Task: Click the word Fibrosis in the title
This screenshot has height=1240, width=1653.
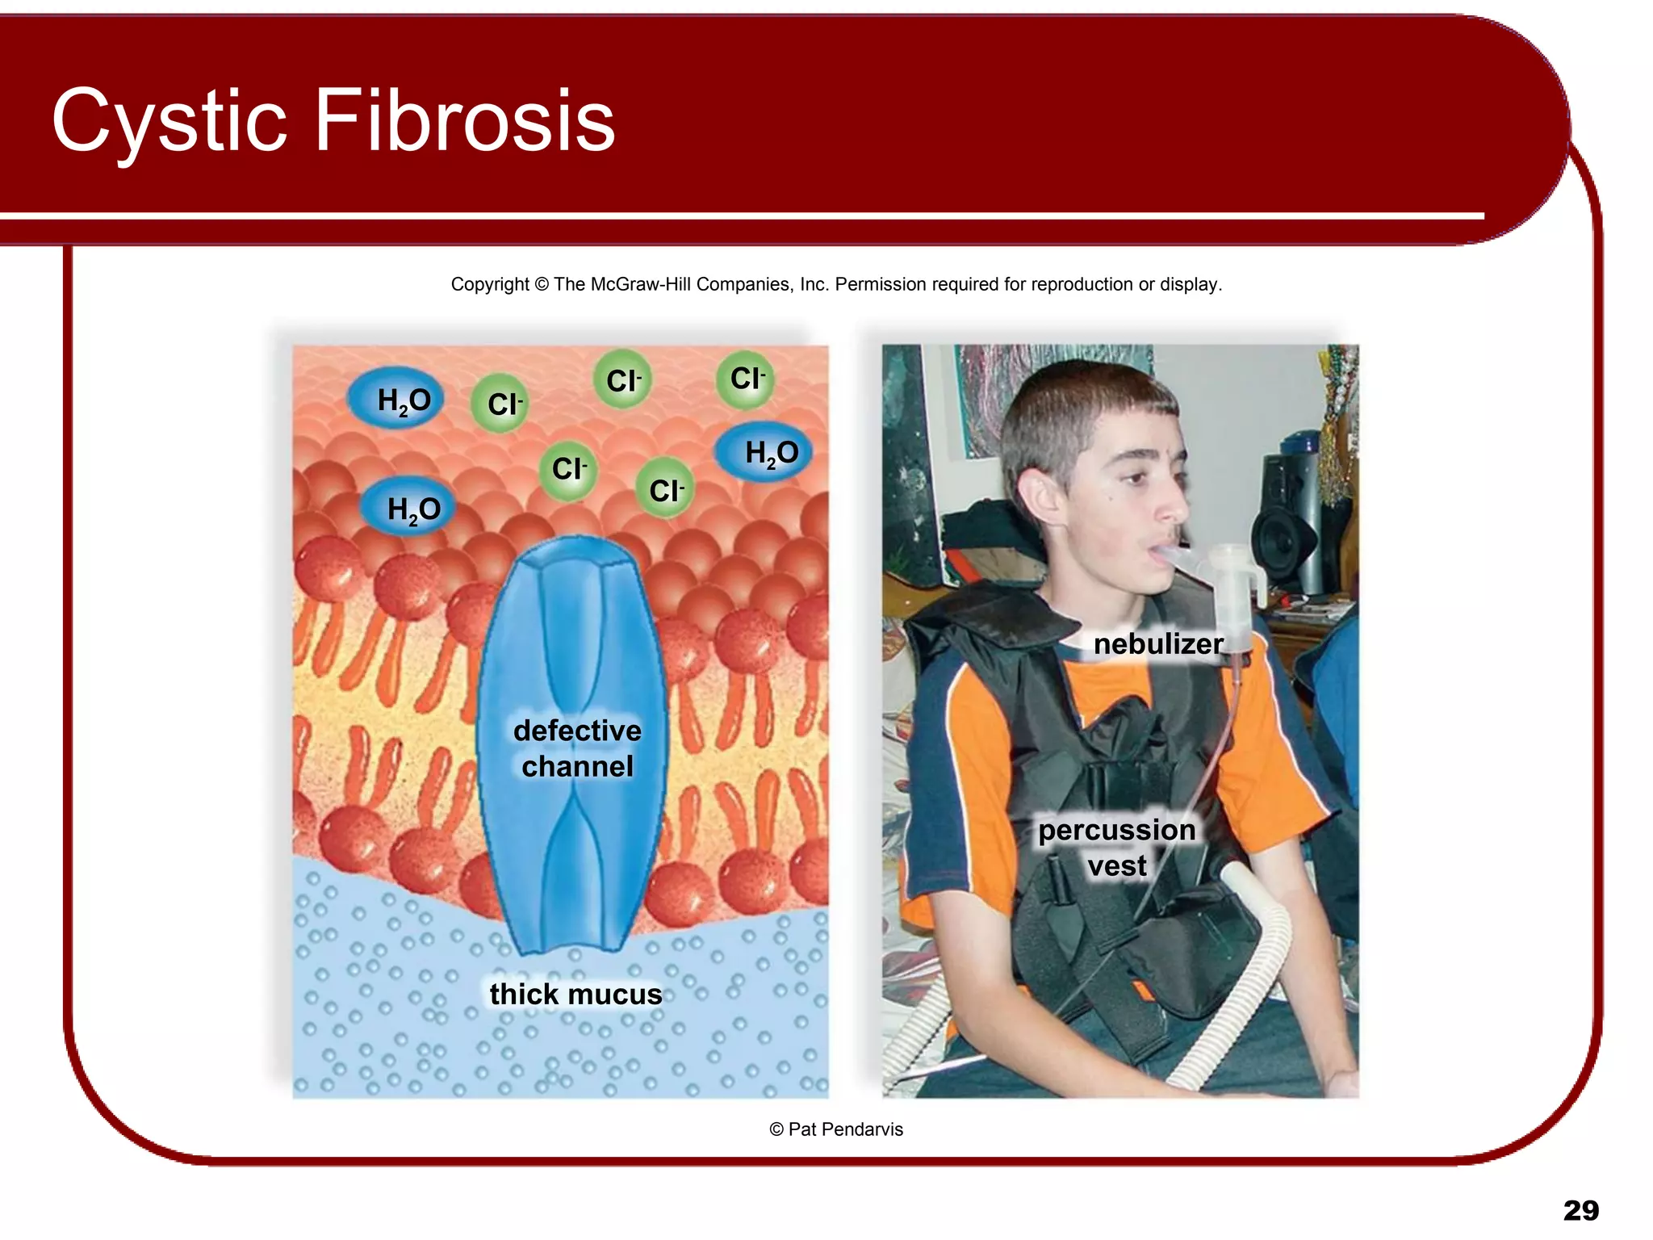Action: (x=464, y=121)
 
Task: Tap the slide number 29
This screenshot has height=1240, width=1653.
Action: (x=1580, y=1210)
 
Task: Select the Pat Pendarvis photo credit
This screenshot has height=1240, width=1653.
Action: (x=836, y=1129)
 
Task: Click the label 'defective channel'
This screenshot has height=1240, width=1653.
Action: (x=577, y=748)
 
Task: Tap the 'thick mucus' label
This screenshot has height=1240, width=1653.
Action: (x=575, y=994)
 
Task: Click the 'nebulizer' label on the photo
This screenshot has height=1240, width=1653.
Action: (x=1157, y=644)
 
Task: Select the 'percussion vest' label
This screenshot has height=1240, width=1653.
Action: (x=1117, y=848)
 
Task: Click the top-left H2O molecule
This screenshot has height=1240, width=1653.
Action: (x=396, y=400)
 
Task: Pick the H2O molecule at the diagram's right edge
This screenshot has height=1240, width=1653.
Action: (x=764, y=453)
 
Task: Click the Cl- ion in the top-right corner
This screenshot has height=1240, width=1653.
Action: (x=746, y=379)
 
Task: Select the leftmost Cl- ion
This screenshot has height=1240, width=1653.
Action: (x=500, y=404)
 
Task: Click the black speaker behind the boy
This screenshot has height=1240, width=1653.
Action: (x=1287, y=525)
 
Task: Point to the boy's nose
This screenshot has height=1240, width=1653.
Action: (x=1174, y=505)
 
